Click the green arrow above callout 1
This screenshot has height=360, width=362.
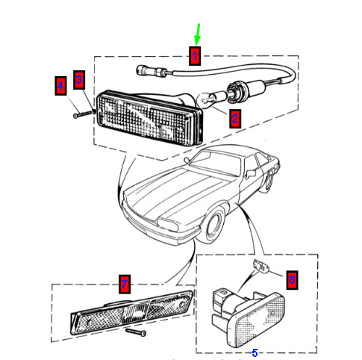coord(198,34)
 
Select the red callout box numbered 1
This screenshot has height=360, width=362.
coord(195,56)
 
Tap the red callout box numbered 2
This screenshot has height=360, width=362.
coord(235,119)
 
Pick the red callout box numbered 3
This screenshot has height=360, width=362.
coord(79,80)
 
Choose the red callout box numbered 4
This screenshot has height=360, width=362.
coord(60,86)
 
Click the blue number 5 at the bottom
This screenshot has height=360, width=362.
coord(255,353)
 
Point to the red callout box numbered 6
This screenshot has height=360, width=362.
coord(292,280)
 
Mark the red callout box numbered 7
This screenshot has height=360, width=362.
coord(125,284)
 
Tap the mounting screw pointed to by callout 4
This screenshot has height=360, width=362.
coord(83,114)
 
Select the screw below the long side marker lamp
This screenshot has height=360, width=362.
coord(136,332)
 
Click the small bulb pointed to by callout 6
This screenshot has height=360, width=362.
coord(260,267)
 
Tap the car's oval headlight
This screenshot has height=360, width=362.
coord(168,225)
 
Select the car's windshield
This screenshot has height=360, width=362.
coord(216,164)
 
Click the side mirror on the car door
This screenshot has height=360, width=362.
coord(251,173)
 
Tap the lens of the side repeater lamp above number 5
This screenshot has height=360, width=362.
coord(260,321)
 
